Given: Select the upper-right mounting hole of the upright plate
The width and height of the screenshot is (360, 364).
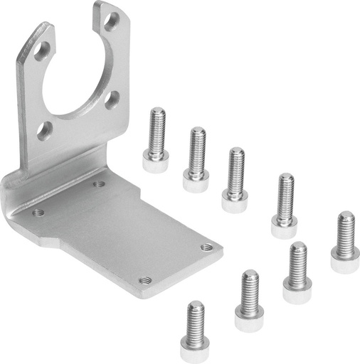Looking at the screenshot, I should point(110,21).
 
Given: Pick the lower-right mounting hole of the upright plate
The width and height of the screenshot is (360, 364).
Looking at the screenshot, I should point(112,100).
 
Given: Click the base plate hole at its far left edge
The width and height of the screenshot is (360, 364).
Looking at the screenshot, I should point(38,212).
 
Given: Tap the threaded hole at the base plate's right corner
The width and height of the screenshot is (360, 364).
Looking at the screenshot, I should point(206,247).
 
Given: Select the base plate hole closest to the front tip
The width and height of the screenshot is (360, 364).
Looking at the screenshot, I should point(145,280).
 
